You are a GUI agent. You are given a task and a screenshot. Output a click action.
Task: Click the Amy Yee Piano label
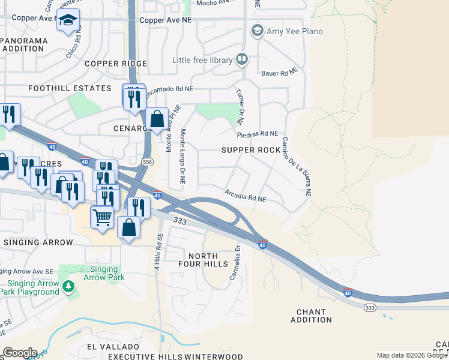(295, 31)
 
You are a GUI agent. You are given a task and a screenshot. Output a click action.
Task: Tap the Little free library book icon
(242, 59)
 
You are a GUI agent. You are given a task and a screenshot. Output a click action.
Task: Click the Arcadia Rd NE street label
(246, 196)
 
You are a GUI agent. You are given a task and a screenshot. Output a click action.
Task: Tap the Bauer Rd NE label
(280, 73)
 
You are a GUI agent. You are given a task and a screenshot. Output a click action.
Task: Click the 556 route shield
(147, 163)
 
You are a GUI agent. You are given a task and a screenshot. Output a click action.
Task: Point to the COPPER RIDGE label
(116, 64)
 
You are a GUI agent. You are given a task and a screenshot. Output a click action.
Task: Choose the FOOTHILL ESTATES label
(70, 88)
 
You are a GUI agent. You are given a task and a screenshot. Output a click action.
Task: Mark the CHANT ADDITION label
(311, 316)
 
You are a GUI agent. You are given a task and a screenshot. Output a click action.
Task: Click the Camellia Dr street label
(235, 262)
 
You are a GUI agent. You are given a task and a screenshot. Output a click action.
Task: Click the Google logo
(20, 352)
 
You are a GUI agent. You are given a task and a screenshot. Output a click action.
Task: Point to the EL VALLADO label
(113, 347)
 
